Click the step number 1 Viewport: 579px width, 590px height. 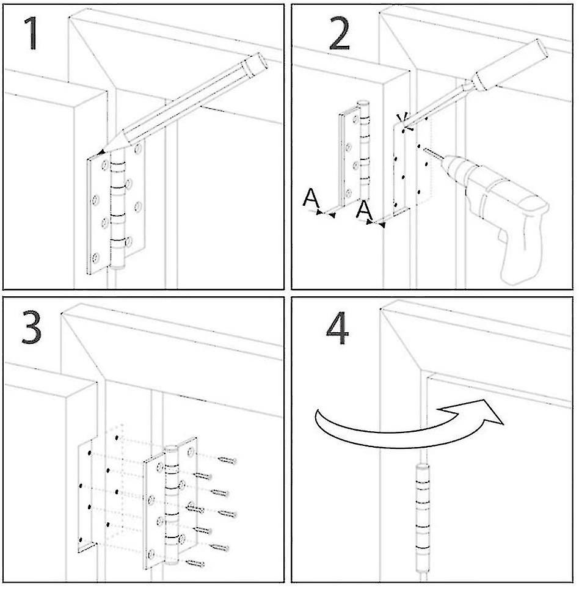point(31,35)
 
